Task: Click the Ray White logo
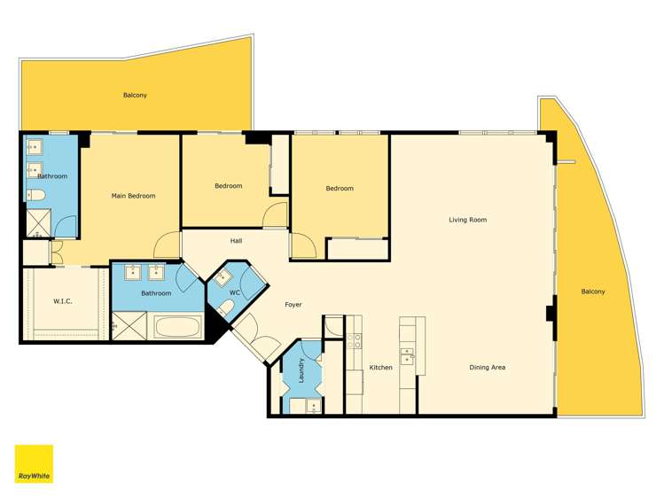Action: pos(34,463)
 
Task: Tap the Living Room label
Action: pos(467,220)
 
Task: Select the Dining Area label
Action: pos(487,367)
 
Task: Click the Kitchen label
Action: pos(380,367)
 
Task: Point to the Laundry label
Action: pos(301,370)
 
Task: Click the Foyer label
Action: pos(293,305)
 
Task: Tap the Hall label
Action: pos(237,241)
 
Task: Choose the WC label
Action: pos(235,292)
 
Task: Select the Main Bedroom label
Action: pos(133,196)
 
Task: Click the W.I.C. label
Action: pos(63,301)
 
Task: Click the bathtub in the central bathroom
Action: pos(177,327)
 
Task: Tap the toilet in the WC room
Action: pos(226,307)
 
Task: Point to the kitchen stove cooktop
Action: pos(354,341)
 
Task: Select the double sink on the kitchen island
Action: pos(407,356)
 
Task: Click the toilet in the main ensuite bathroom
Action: pos(36,196)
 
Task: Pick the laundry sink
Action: pos(313,406)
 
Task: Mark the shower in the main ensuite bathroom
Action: pos(38,222)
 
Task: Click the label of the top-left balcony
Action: pos(135,95)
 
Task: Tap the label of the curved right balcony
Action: pos(593,292)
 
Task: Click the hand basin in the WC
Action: pos(222,278)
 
